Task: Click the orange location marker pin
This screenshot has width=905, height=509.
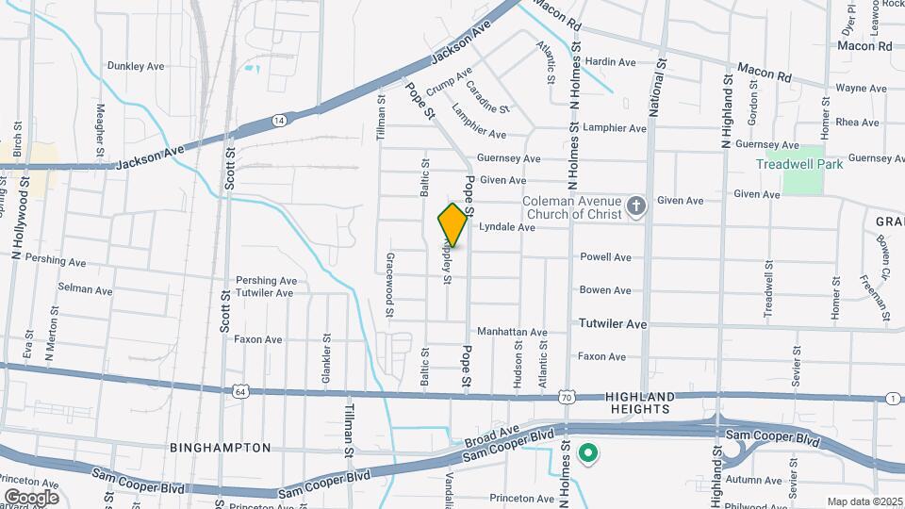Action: click(452, 224)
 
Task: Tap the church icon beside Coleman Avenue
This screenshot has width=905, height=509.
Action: click(636, 206)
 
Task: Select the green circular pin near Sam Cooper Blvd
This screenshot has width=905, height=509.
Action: click(588, 454)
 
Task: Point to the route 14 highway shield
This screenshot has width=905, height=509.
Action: click(278, 121)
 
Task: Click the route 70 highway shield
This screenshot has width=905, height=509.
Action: click(565, 398)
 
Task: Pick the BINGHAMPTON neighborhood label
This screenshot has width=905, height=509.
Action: click(221, 448)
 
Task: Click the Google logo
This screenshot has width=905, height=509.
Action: click(32, 497)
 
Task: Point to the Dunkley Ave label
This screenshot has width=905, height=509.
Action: click(136, 66)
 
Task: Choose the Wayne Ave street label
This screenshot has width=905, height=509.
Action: click(861, 89)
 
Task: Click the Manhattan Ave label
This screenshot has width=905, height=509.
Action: click(512, 333)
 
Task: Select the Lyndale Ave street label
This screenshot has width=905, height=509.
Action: click(507, 228)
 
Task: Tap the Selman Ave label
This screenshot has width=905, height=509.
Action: click(85, 286)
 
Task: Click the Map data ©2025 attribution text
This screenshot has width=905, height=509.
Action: click(863, 501)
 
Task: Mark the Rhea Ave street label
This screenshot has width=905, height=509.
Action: click(857, 123)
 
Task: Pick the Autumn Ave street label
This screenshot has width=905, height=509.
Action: click(754, 480)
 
